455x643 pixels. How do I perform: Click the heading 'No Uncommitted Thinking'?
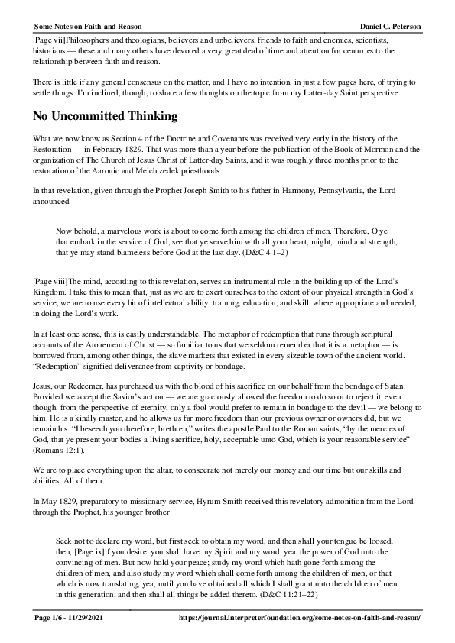105,116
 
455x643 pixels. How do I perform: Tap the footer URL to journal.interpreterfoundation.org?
299,617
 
